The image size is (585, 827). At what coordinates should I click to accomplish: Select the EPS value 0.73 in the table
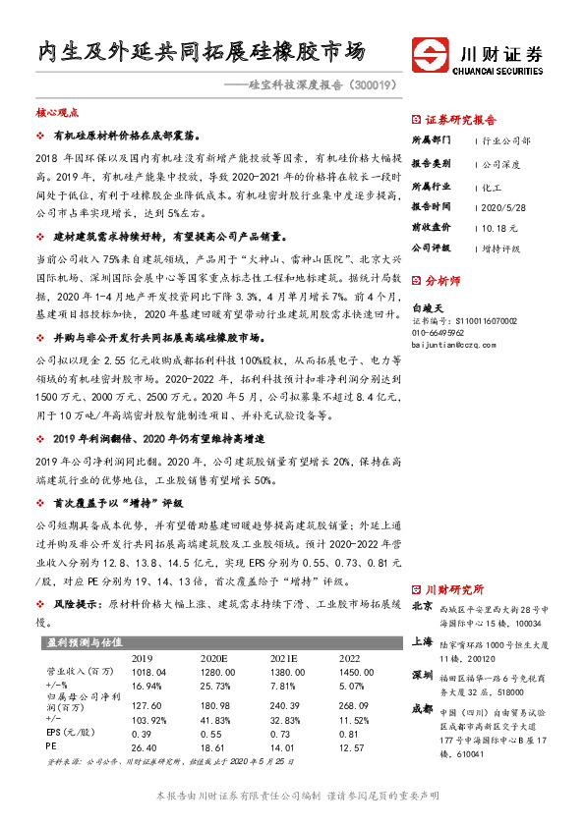[282, 734]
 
